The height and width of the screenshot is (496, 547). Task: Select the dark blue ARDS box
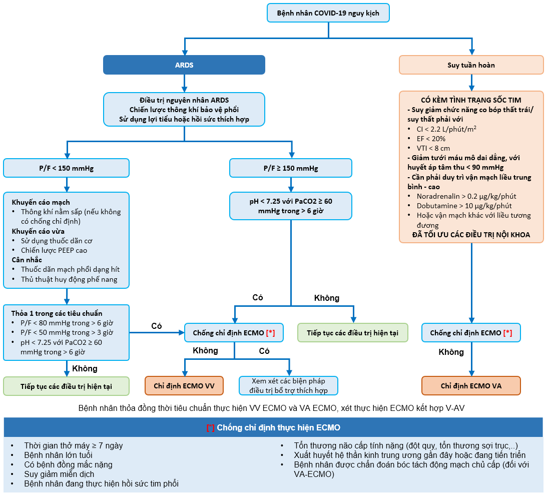[x=184, y=65]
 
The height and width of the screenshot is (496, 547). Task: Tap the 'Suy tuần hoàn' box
[x=471, y=65]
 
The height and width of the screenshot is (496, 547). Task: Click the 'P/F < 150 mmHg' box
[x=66, y=168]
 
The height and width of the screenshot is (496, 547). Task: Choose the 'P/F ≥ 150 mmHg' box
[x=291, y=168]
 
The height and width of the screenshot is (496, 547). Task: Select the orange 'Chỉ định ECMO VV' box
[x=184, y=386]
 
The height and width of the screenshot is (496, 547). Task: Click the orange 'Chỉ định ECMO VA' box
[x=471, y=386]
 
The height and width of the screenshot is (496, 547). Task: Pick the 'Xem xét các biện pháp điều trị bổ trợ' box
[x=288, y=386]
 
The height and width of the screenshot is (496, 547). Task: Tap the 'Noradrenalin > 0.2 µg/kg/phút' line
[x=466, y=196]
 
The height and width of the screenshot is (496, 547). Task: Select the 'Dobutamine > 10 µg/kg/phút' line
[x=464, y=206]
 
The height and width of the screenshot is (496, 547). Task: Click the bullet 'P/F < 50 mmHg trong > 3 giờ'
[x=67, y=332]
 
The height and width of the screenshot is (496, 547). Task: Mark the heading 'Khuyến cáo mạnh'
[x=41, y=202]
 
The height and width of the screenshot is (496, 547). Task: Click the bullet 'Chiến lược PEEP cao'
[x=54, y=250]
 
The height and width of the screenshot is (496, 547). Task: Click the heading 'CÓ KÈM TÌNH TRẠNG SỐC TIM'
[x=471, y=100]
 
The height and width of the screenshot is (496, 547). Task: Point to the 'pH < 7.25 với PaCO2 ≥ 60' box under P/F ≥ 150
[x=291, y=206]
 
